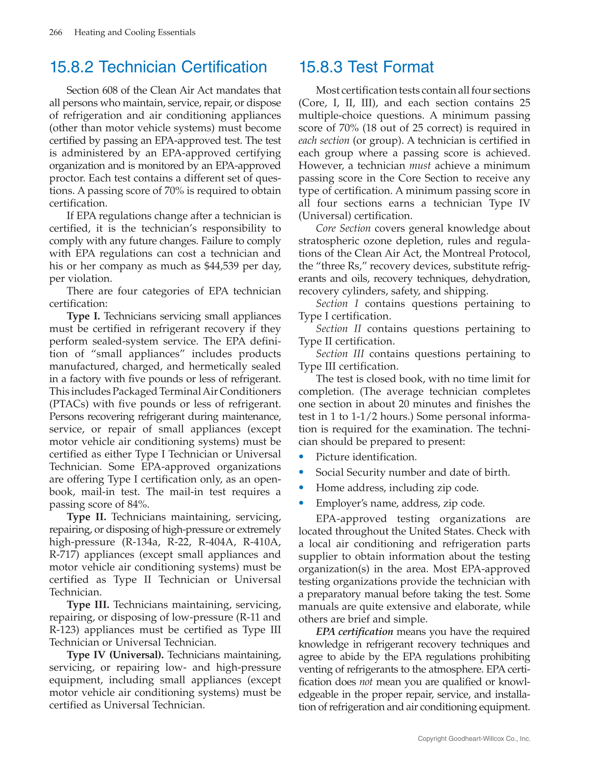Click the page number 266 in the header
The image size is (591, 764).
click(x=56, y=32)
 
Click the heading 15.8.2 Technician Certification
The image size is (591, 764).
click(x=158, y=67)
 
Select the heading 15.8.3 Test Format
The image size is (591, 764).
click(x=366, y=67)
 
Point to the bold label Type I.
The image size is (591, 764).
click(x=83, y=316)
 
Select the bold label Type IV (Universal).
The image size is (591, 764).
click(x=115, y=655)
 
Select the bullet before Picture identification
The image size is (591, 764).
click(x=301, y=457)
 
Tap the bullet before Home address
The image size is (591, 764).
click(x=301, y=488)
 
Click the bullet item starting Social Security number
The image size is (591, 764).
click(x=412, y=472)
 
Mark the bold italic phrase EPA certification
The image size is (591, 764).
click(x=354, y=632)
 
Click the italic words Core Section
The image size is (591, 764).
click(x=343, y=228)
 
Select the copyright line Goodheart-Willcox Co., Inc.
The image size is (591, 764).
click(x=474, y=739)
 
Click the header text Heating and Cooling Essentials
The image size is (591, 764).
click(x=135, y=32)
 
